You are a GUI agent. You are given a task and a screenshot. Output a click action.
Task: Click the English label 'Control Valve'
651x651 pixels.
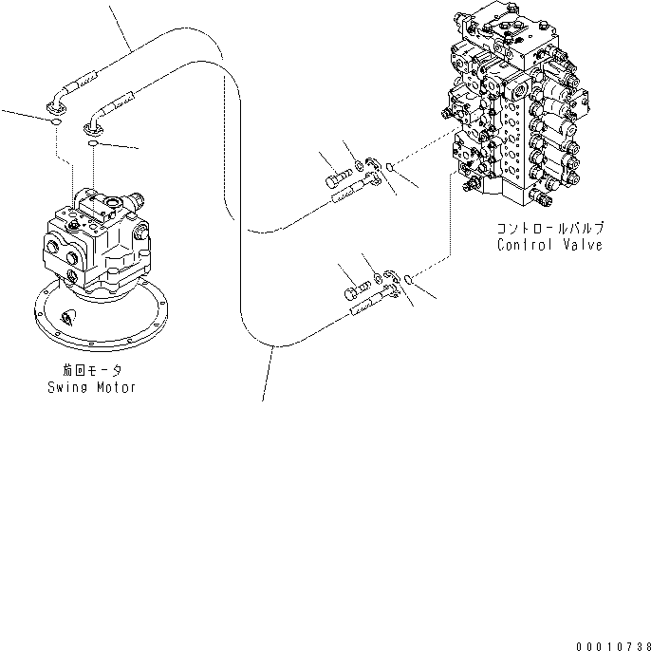(550, 244)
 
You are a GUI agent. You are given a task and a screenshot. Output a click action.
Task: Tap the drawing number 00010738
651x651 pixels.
(611, 644)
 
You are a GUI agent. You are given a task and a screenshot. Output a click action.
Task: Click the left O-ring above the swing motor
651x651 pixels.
(56, 121)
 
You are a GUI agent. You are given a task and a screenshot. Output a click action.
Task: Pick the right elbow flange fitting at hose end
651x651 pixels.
(94, 121)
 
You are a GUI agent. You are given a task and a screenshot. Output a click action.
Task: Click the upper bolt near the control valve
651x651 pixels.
(339, 178)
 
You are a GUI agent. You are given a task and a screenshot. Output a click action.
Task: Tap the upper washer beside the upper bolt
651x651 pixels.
(360, 173)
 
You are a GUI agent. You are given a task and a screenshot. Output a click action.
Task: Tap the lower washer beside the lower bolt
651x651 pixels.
(376, 279)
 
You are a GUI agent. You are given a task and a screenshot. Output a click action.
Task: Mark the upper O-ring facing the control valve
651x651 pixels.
(391, 168)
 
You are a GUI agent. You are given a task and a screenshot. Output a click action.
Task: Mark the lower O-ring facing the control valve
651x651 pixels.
(408, 279)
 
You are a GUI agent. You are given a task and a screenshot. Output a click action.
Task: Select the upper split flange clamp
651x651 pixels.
(375, 173)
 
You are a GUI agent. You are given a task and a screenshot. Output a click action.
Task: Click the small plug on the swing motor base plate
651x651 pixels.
(67, 317)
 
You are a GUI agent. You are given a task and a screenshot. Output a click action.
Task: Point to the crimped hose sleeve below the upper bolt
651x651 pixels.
(347, 196)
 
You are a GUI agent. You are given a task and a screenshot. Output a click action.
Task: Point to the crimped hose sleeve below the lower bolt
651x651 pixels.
(365, 306)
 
